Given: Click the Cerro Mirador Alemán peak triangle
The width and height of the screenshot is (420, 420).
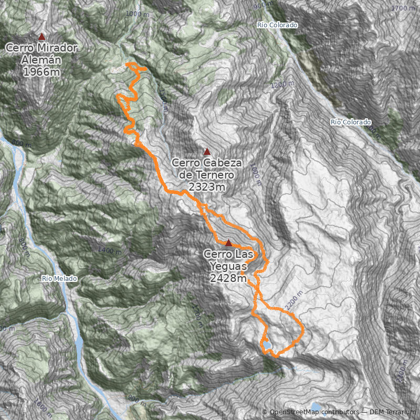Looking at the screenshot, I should (41, 36).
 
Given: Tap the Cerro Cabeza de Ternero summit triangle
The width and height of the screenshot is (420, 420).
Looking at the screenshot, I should (207, 152).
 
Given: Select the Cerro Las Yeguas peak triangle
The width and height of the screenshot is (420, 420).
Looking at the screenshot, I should (228, 243).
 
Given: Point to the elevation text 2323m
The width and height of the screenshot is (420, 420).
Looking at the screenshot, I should (206, 187).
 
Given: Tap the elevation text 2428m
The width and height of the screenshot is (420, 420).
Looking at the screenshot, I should (228, 278).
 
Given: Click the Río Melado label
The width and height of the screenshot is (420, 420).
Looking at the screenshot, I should (60, 278).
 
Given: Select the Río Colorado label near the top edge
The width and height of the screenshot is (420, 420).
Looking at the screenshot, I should (278, 25).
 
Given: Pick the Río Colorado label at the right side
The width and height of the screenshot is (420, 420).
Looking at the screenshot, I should (351, 122).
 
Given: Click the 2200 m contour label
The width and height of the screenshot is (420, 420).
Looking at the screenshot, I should (294, 300).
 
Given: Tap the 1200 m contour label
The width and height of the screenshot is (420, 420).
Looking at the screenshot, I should (281, 84).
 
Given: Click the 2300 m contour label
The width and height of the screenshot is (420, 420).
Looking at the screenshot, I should (404, 372).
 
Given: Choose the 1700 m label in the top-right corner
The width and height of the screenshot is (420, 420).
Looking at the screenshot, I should (403, 8).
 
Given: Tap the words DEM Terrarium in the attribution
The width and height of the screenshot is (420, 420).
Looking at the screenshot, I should (392, 413).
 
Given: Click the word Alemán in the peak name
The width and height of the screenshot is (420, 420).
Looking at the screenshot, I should (41, 60).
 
